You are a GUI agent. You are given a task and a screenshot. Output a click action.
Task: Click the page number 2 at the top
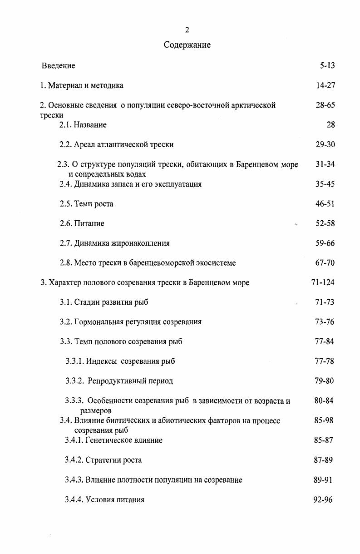[187, 30]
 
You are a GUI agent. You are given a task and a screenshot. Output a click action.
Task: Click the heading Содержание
[187, 45]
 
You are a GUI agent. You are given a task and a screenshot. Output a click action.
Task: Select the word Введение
[59, 65]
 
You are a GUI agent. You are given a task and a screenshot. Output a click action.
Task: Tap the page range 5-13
[327, 65]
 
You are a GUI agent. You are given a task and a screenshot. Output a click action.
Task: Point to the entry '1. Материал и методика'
[81, 85]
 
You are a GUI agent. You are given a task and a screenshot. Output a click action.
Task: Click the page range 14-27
[325, 85]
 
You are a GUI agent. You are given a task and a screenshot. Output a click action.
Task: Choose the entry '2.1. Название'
[83, 124]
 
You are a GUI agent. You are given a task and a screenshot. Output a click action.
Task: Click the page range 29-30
[325, 144]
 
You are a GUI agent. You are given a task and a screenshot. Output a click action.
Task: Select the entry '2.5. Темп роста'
[86, 203]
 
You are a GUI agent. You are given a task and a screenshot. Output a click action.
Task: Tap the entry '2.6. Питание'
[82, 223]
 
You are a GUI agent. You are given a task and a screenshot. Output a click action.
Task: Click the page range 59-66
[325, 243]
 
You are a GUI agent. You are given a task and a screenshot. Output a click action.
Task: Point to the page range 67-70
[325, 262]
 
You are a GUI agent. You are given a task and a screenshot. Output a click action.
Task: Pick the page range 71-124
[323, 282]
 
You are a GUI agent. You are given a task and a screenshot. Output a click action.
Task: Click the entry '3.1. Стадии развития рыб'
[104, 302]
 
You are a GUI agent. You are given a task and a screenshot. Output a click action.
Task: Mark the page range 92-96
[323, 500]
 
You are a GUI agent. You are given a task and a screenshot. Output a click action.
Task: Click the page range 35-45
[325, 184]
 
